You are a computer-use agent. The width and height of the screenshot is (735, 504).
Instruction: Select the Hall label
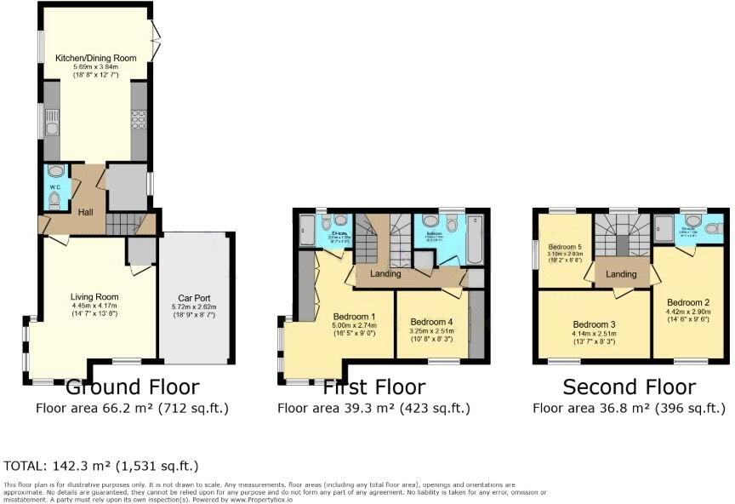point(85,212)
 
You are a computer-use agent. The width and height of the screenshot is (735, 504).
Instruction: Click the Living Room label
point(92,297)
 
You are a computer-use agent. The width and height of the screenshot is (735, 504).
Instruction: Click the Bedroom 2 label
point(687,302)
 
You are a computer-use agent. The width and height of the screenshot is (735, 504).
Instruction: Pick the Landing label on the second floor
point(621,274)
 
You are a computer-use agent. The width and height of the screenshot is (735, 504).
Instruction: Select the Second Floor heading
point(629,387)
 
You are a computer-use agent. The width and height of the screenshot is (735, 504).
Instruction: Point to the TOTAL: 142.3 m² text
point(101,466)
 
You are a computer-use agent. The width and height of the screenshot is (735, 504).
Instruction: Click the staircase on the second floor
point(621,233)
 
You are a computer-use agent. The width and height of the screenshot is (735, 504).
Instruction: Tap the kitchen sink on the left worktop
point(52,129)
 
